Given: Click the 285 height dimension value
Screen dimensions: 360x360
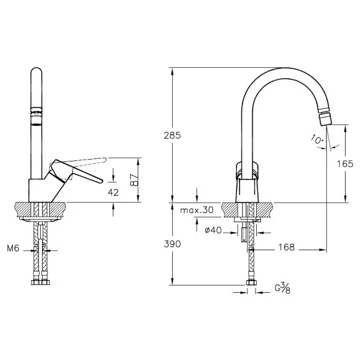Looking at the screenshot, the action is [x=172, y=136].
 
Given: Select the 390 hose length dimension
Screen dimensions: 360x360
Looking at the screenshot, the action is [x=172, y=244].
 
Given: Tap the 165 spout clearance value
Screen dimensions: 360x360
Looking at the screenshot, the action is [x=345, y=164].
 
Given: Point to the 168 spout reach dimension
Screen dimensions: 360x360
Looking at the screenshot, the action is [x=287, y=247].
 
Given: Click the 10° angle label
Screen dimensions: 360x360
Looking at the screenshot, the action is [x=317, y=139].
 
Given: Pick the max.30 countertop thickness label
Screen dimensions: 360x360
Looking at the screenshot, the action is [x=197, y=210].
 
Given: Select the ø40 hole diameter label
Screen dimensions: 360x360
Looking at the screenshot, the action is [x=213, y=230].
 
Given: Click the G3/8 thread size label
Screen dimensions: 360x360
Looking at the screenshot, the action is [x=283, y=288].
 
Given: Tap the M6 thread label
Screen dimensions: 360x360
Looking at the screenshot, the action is [x=13, y=248].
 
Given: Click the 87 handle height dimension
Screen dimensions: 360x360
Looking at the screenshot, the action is [x=134, y=180].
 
